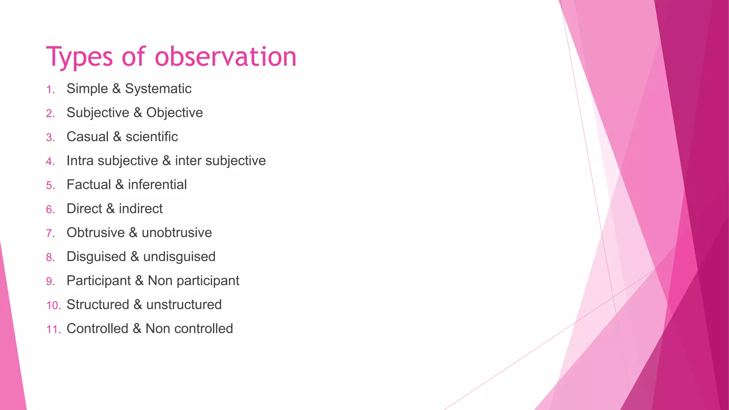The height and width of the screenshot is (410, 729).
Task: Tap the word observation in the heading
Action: pos(225,57)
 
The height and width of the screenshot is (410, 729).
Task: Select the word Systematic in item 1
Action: pos(158,89)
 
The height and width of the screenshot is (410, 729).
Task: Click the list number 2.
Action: pos(50,114)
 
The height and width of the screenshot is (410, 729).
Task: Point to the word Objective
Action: pos(174,113)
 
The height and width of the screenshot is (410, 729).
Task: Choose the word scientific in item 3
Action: pos(152,137)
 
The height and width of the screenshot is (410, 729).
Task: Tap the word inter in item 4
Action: pos(188,161)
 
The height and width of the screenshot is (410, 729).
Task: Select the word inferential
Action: pos(157,185)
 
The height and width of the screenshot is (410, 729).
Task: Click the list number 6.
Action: pos(50,210)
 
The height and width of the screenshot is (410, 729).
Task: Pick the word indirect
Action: pos(141,209)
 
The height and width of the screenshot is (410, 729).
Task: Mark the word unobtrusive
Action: pos(177,233)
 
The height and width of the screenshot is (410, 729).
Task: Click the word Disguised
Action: pos(96,257)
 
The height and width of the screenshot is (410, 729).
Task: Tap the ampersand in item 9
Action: pos(139,281)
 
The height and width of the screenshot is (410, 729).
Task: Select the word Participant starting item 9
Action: pos(99,281)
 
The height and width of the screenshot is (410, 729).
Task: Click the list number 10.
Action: pos(53,305)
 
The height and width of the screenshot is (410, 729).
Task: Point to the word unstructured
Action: pos(184,305)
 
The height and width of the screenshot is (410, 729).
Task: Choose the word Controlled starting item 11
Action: pos(97,328)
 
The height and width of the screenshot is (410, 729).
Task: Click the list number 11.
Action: pos(53,330)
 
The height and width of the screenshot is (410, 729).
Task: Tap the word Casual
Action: pos(88,137)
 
